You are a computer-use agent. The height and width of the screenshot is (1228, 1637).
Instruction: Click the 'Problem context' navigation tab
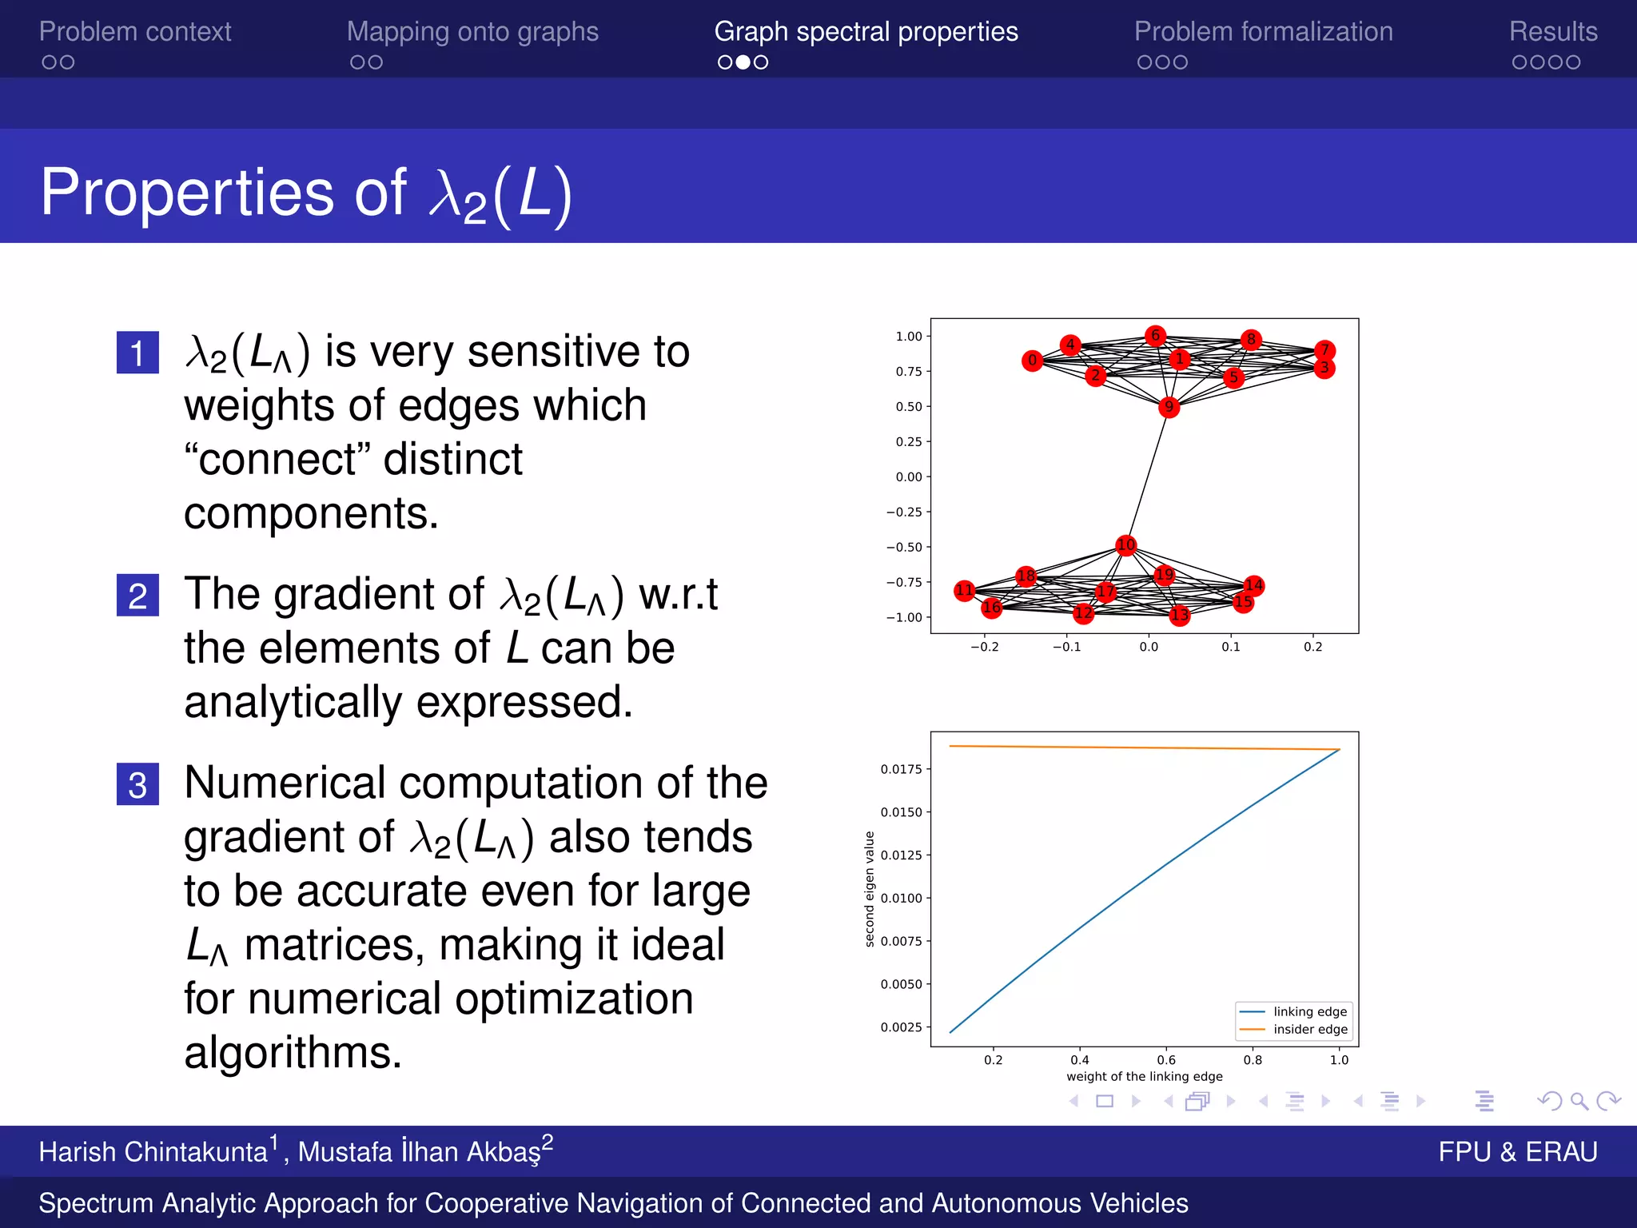tap(135, 32)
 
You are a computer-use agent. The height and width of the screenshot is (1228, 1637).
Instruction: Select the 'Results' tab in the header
tap(1552, 32)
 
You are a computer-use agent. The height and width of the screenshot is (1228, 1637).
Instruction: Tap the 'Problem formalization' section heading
tap(1263, 32)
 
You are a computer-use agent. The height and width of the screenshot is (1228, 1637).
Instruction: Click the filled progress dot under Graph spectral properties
tap(743, 62)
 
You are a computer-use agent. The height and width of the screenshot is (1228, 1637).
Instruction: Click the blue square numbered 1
tap(137, 353)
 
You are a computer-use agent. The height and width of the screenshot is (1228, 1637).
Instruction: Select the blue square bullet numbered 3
tap(137, 784)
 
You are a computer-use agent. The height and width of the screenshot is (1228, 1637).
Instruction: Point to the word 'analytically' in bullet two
tap(293, 702)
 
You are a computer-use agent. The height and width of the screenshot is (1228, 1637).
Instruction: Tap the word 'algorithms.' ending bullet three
tap(293, 1052)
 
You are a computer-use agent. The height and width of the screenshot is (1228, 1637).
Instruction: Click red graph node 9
tap(1169, 407)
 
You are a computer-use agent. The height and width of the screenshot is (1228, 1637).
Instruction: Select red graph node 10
tap(1125, 545)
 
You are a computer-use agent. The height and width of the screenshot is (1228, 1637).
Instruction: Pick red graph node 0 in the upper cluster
tap(1032, 361)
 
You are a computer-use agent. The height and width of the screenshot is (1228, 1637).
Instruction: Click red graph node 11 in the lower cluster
tap(965, 591)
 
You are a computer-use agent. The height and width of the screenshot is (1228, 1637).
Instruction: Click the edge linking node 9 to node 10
tap(1147, 476)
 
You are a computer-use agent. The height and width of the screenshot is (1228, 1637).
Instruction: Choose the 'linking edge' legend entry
tap(1309, 1011)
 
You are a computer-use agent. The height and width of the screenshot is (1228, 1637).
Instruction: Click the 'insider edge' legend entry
tap(1309, 1030)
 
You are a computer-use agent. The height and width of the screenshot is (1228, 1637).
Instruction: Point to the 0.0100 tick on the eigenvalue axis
tap(901, 898)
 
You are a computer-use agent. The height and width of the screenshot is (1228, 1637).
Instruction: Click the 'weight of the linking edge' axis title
tap(1144, 1076)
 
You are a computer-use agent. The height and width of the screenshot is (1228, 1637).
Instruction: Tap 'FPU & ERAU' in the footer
tap(1517, 1151)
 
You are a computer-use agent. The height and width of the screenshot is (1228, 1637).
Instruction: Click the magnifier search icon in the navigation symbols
tap(1579, 1101)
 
